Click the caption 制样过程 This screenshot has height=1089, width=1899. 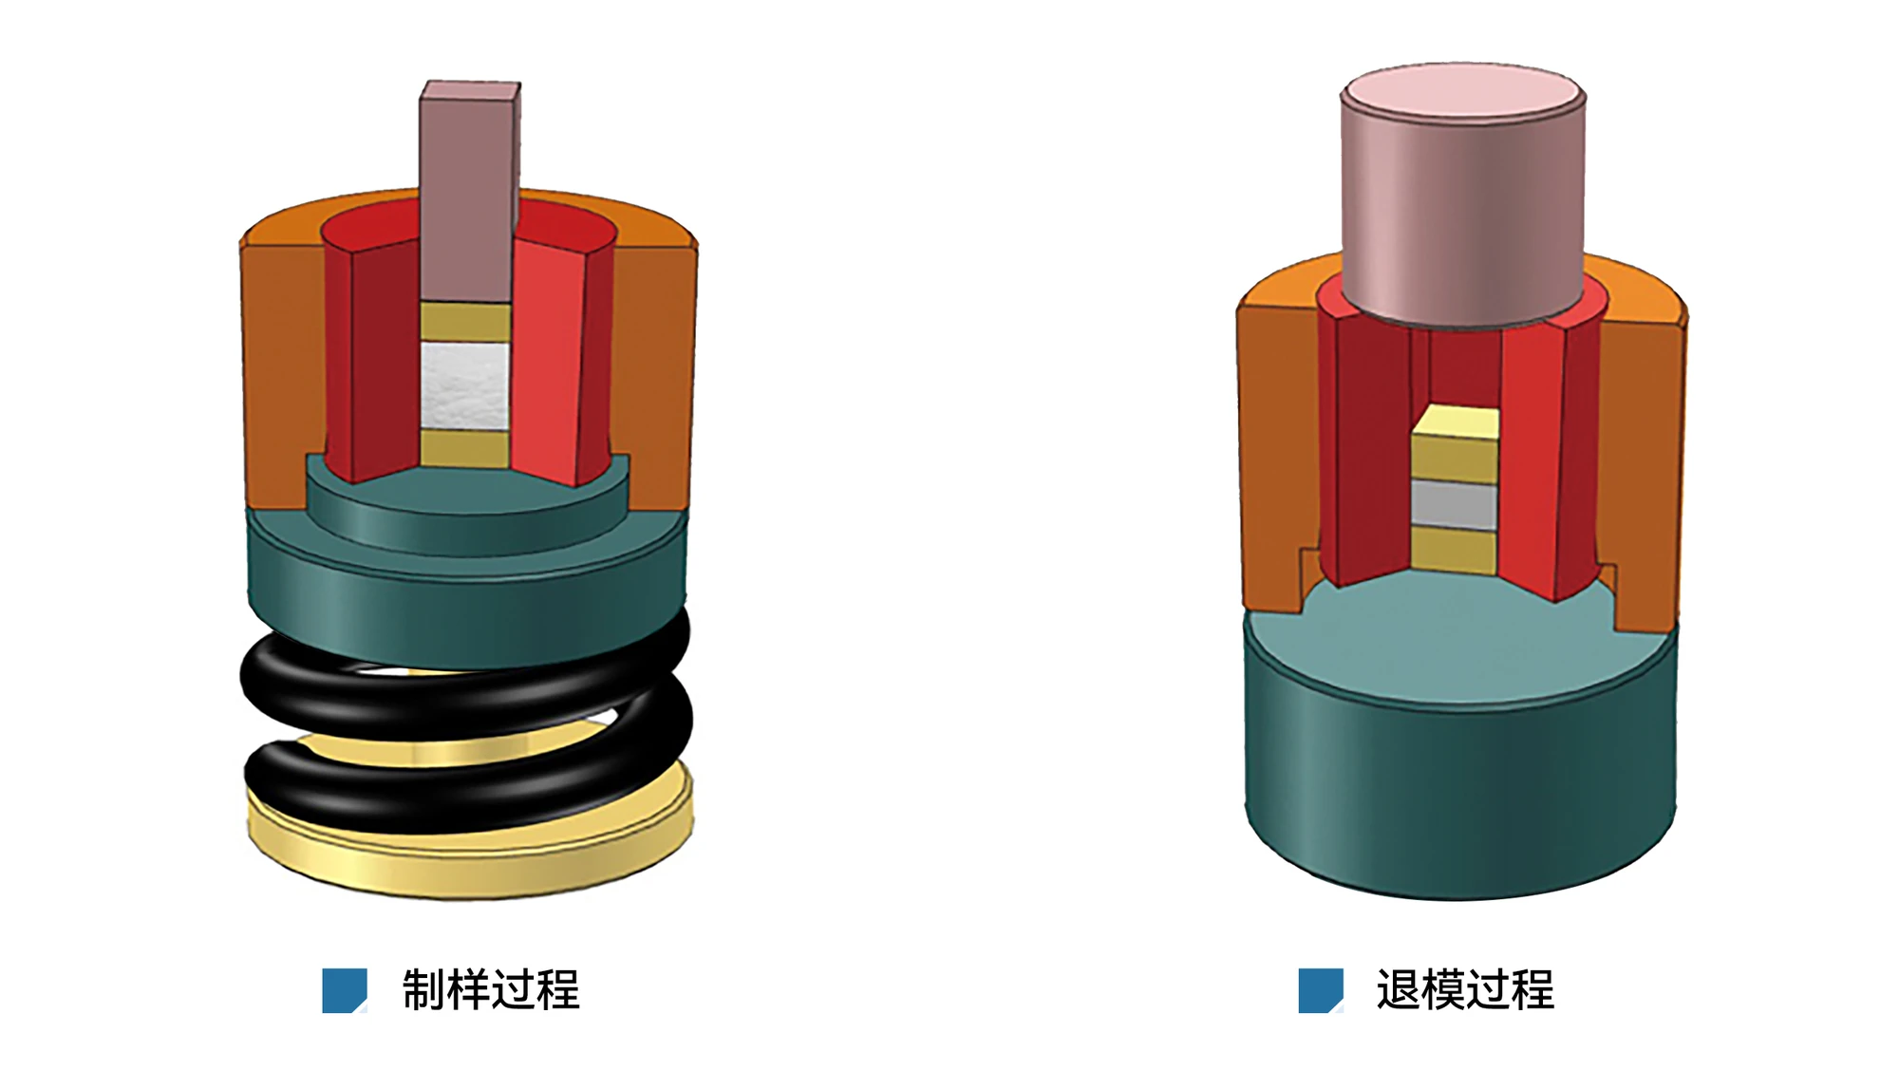tap(491, 990)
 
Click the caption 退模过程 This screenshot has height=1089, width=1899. tap(1465, 990)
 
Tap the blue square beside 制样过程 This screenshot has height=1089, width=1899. tap(345, 990)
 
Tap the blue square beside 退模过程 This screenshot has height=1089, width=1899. tap(1321, 990)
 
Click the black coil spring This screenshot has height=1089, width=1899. tap(465, 722)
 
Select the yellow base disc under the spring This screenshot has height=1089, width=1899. tap(469, 845)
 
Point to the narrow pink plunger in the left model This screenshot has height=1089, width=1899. tap(469, 190)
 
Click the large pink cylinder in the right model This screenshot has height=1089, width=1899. tap(1462, 195)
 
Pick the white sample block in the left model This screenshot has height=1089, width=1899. tap(465, 385)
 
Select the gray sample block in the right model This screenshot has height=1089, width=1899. tap(1454, 504)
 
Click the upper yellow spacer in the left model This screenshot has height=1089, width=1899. tap(465, 322)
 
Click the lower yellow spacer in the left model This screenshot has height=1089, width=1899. tap(465, 448)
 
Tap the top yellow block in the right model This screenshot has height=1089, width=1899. tap(1455, 443)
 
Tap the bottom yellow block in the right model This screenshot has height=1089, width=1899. tap(1454, 552)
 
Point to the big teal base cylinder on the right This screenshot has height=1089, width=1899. tap(1460, 760)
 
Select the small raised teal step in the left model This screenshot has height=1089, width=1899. tap(467, 508)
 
